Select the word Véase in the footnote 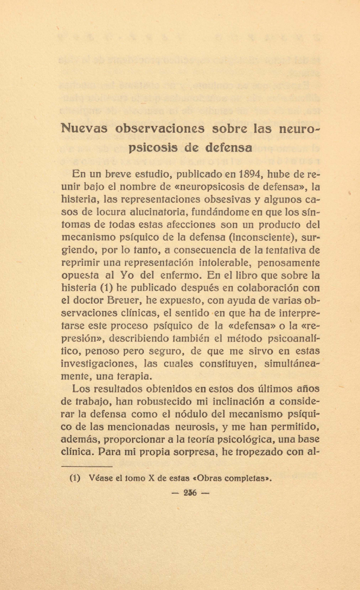point(100,478)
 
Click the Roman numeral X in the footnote point(151,478)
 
